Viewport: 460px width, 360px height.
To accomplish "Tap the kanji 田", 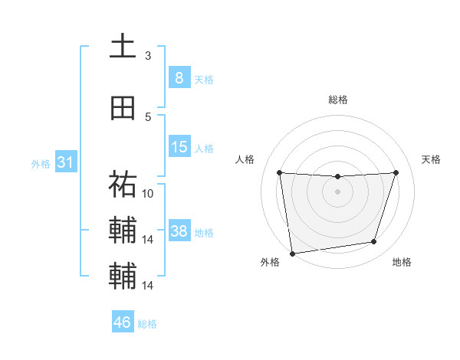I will click(x=123, y=109).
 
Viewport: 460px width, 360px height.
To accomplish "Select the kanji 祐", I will click(x=123, y=184).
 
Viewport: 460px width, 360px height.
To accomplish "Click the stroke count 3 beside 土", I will click(x=148, y=55).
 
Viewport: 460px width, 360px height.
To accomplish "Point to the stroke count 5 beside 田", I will click(x=148, y=116).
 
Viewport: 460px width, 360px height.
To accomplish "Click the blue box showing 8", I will click(x=179, y=77).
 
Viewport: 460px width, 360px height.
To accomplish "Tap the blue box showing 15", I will click(x=179, y=147).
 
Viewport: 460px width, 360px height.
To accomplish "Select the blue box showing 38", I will click(x=179, y=231).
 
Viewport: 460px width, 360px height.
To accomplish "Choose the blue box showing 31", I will click(x=65, y=162).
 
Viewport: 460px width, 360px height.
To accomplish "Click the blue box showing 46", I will click(x=123, y=322).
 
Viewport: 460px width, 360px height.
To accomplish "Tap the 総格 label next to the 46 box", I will click(x=147, y=324).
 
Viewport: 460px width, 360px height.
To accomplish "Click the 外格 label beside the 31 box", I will click(x=41, y=164).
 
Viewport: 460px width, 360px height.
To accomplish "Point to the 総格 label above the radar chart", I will click(x=337, y=100).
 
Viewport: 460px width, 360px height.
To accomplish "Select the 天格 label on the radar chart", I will click(x=432, y=159).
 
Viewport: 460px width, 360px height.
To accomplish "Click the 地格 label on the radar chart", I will click(x=402, y=262).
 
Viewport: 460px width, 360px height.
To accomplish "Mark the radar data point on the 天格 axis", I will click(x=396, y=172).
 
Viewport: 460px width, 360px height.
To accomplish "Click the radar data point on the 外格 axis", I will click(x=291, y=252).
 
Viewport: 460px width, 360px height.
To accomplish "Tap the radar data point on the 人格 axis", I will click(x=280, y=173).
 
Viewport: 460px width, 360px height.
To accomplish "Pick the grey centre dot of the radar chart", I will click(x=337, y=191).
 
